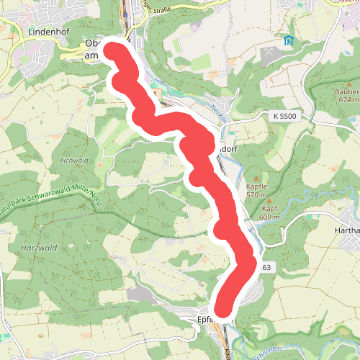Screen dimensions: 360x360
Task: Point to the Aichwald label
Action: (x=73, y=160)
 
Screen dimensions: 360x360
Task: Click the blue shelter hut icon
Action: (x=289, y=40)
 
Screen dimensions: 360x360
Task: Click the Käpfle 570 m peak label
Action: (x=256, y=191)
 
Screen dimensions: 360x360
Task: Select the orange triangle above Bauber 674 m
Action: (x=346, y=82)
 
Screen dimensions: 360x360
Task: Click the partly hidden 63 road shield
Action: (x=265, y=268)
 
